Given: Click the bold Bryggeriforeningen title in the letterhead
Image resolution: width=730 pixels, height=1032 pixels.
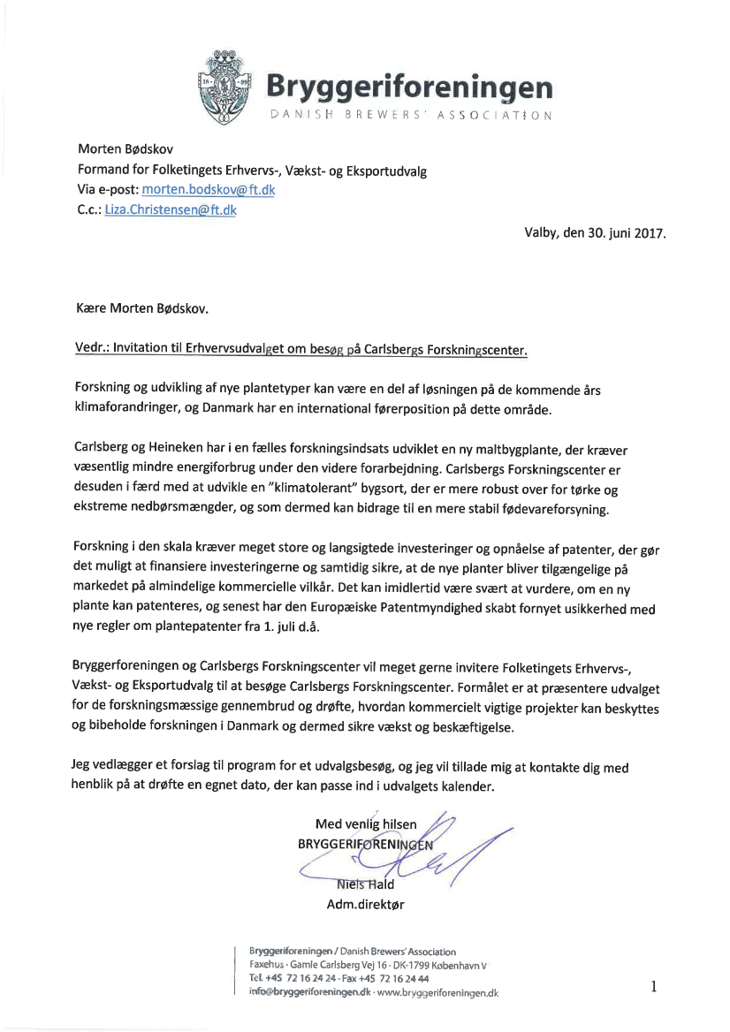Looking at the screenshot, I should [410, 87].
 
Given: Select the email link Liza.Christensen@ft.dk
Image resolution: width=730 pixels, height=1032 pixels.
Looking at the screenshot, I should [171, 210].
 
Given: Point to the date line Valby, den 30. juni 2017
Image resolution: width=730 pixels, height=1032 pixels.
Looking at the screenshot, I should [595, 234].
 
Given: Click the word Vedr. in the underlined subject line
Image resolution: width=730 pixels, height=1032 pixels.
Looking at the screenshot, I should [95, 349].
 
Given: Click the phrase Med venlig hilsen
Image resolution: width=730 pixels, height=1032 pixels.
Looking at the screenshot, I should [372, 824].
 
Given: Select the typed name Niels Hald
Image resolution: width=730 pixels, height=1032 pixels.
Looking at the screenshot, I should [365, 884].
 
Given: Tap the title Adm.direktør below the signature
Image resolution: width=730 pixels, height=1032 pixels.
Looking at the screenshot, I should [366, 904].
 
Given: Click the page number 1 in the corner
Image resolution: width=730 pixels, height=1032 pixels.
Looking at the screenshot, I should [655, 986].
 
